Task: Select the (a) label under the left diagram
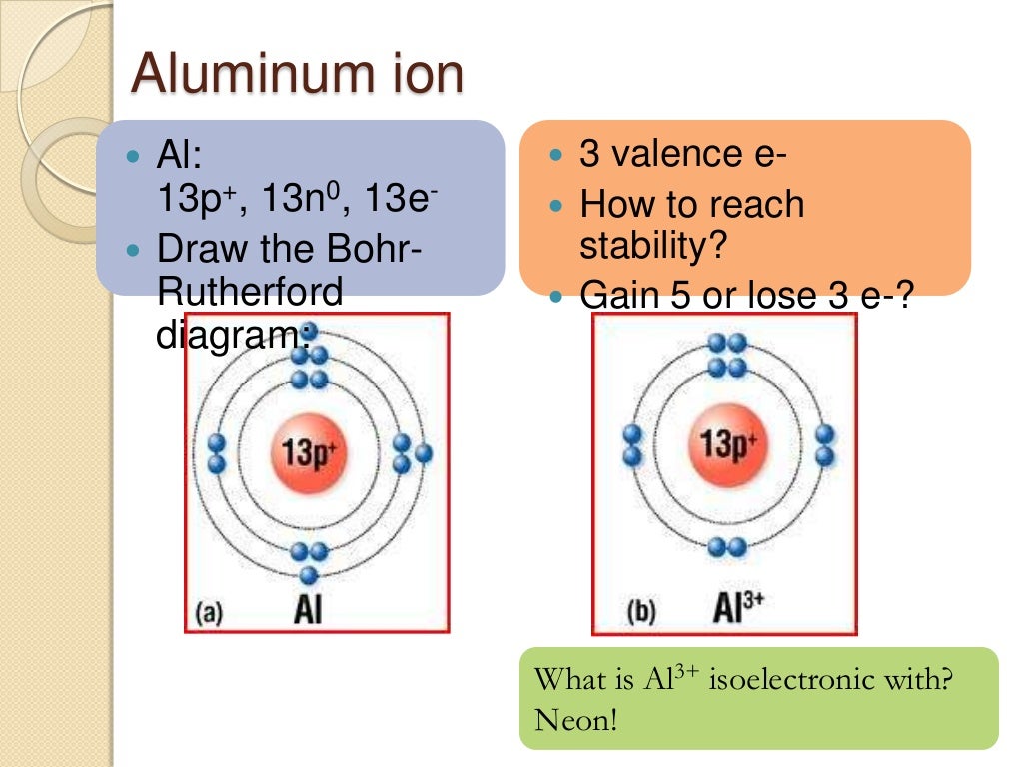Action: [209, 610]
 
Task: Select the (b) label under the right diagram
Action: [640, 610]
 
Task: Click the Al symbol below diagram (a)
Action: [307, 607]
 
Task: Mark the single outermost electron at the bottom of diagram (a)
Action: [309, 575]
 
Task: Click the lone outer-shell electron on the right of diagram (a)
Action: [424, 453]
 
